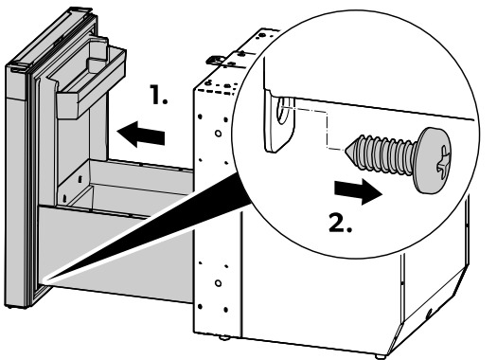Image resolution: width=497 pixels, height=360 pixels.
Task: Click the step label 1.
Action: click(158, 95)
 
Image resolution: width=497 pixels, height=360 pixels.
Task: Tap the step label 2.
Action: click(341, 223)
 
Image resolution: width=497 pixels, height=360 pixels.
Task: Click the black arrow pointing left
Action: click(141, 134)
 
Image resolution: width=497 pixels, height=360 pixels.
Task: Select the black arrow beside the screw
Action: click(358, 191)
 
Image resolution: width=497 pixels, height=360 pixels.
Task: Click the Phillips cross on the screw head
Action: click(444, 162)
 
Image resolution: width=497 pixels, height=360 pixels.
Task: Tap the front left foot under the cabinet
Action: click(224, 338)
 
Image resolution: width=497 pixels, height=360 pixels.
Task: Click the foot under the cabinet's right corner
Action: click(380, 356)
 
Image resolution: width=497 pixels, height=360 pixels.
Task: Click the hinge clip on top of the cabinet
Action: click(215, 61)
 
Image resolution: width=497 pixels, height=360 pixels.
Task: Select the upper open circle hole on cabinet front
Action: click(218, 134)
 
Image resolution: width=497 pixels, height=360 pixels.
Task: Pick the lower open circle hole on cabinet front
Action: click(218, 283)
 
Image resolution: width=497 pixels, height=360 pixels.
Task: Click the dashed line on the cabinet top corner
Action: click(217, 91)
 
